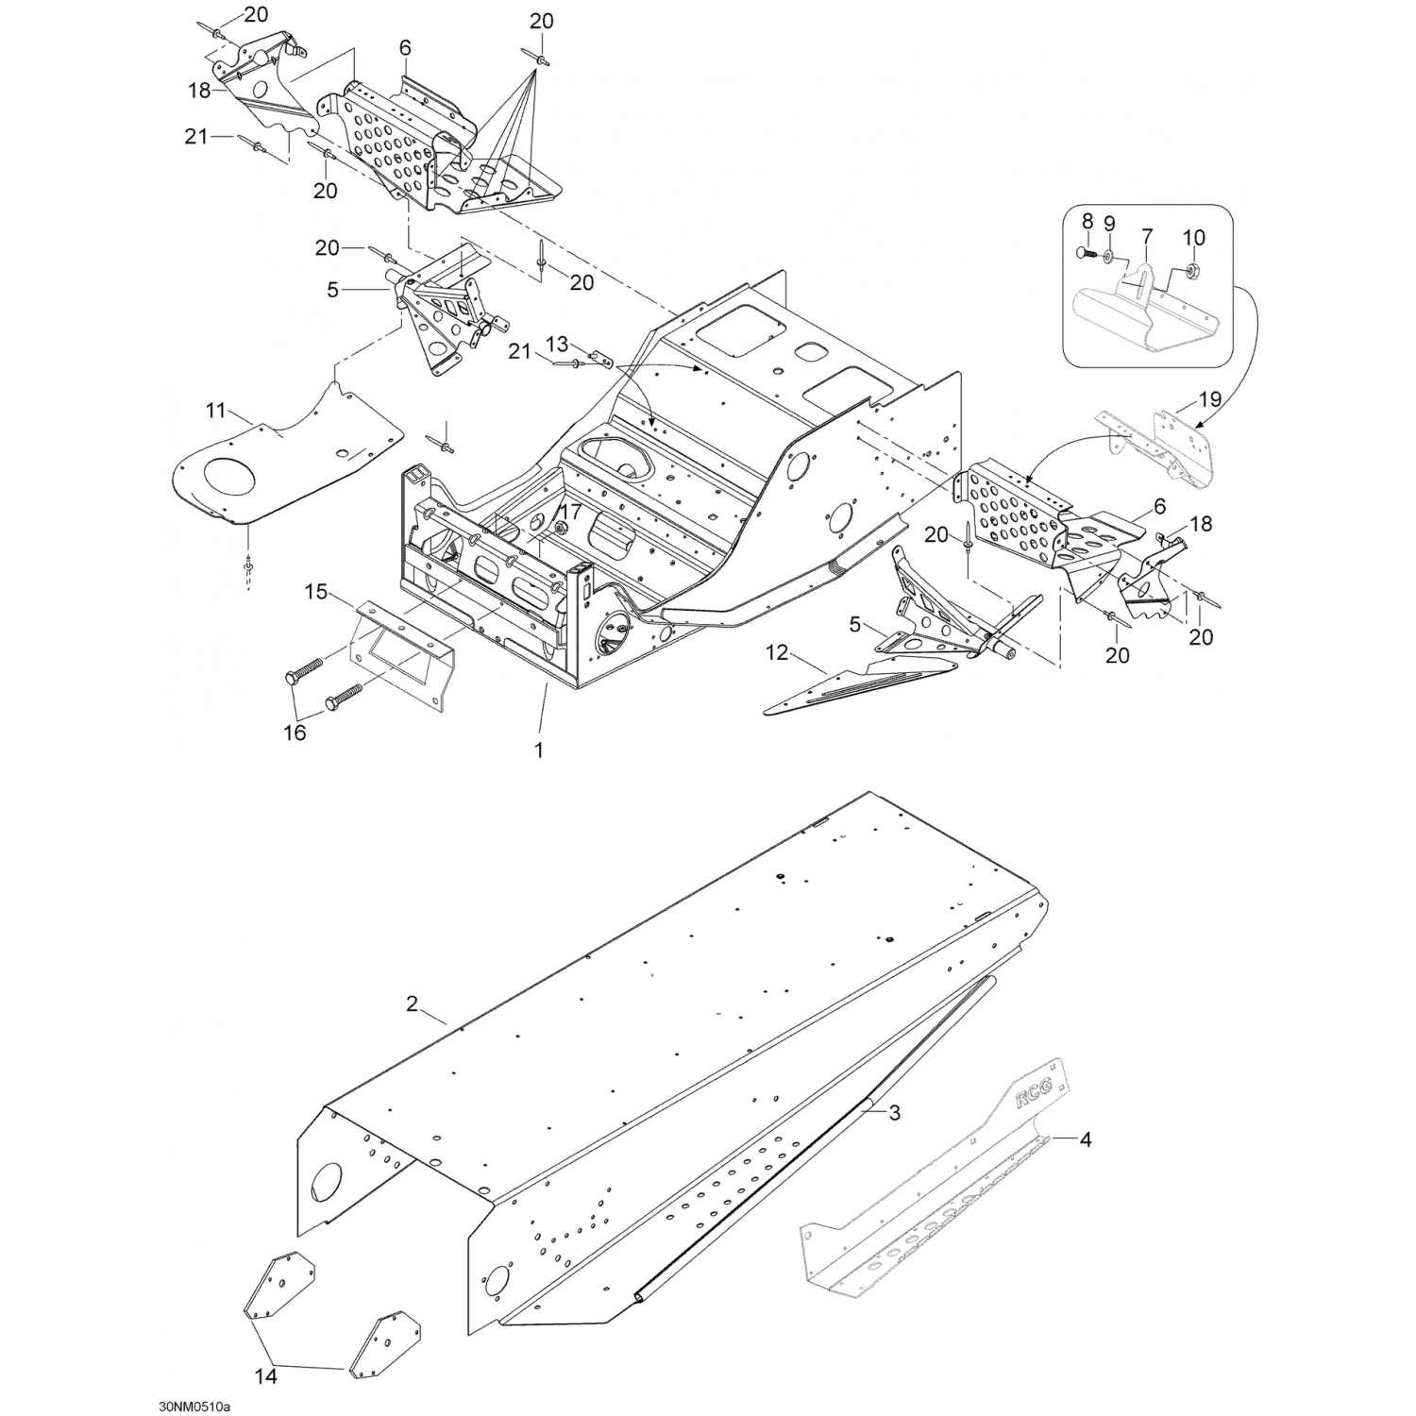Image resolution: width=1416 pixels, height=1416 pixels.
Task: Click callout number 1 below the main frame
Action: (539, 750)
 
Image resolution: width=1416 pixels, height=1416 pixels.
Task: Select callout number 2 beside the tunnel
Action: (412, 1003)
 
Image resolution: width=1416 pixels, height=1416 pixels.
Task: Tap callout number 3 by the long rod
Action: (895, 1114)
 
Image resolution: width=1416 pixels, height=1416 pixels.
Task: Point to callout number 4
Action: (1086, 1140)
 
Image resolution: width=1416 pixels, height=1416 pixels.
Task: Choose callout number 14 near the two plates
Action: (267, 1377)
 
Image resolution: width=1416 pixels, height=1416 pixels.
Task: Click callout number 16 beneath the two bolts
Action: (295, 733)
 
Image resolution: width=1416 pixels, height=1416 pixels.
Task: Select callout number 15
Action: (316, 592)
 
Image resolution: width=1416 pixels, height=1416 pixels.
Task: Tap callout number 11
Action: (216, 411)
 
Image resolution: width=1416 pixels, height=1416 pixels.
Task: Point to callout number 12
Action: (775, 651)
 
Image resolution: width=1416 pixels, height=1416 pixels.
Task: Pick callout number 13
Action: (558, 342)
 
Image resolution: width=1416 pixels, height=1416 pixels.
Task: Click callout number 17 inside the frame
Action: (570, 511)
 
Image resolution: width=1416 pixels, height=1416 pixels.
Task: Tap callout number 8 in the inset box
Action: (1087, 221)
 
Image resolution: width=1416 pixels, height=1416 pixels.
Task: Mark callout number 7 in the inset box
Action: (1148, 233)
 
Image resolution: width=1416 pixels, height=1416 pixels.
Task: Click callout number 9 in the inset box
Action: (1109, 224)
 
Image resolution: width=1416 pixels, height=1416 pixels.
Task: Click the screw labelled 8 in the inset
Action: (1086, 253)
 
